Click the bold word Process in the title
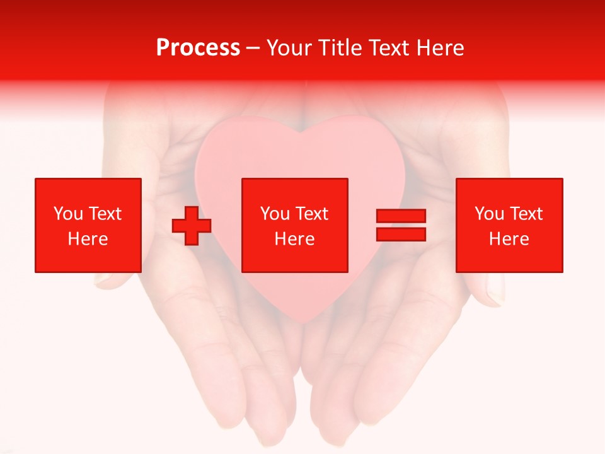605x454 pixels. tap(198, 48)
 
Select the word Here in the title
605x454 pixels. tap(441, 48)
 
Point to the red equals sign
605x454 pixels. tap(401, 225)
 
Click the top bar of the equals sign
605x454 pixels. tap(401, 216)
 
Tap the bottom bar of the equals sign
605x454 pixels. tap(401, 234)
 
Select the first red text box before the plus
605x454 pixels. tap(88, 225)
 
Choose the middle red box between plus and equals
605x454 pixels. tap(294, 225)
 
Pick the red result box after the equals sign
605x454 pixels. tap(509, 225)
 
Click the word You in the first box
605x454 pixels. tap(68, 214)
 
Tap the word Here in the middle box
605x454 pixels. tap(294, 239)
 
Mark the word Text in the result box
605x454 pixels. tap(526, 214)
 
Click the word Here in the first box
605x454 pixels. tap(88, 239)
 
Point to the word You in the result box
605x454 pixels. tap(489, 214)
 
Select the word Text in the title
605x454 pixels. tap(391, 48)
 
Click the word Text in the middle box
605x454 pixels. tap(311, 214)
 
